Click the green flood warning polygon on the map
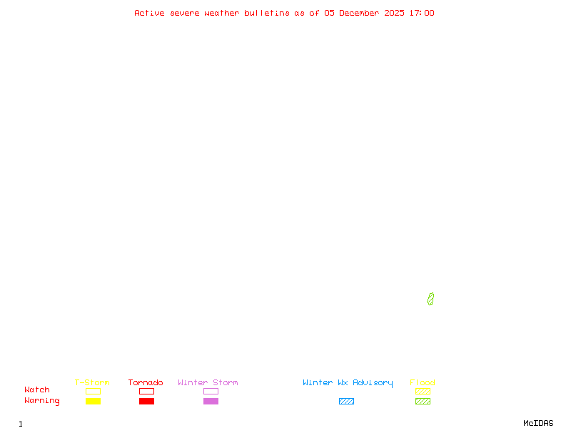[x=430, y=299]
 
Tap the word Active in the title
[x=149, y=13]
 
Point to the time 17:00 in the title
[x=422, y=13]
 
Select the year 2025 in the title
[x=395, y=13]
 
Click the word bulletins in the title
[x=267, y=13]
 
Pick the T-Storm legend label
[x=92, y=382]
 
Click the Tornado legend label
[x=146, y=382]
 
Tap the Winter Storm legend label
[x=208, y=382]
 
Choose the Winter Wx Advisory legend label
[x=348, y=382]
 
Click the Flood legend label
[x=423, y=382]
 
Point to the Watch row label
[x=37, y=390]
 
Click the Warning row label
[x=42, y=401]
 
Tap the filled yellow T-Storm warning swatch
[x=93, y=401]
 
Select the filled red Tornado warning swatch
[x=146, y=401]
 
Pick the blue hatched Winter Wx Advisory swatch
[x=346, y=401]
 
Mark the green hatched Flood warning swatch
[x=423, y=401]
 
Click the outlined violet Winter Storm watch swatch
[x=211, y=391]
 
